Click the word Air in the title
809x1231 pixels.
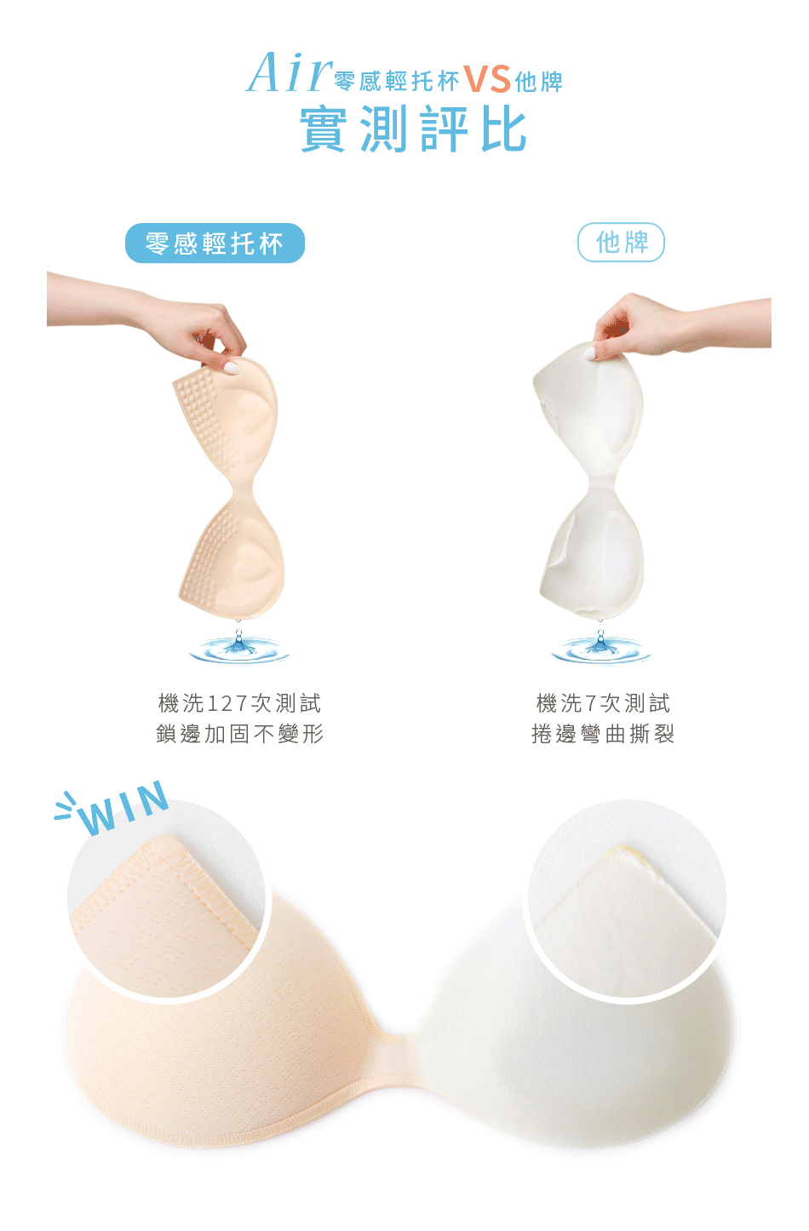[289, 72]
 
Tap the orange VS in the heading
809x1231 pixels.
[487, 79]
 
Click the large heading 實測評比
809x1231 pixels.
[413, 129]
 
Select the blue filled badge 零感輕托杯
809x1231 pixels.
[215, 243]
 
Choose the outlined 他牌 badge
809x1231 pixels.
[621, 243]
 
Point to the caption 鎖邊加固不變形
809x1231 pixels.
[239, 734]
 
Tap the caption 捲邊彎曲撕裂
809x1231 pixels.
[603, 734]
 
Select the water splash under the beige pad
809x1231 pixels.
[239, 646]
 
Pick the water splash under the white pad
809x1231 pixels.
[600, 646]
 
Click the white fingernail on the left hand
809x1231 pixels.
[232, 368]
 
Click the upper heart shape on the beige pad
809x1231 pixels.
[255, 412]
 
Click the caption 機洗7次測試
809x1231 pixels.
[603, 703]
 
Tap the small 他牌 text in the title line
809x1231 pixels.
[539, 82]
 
